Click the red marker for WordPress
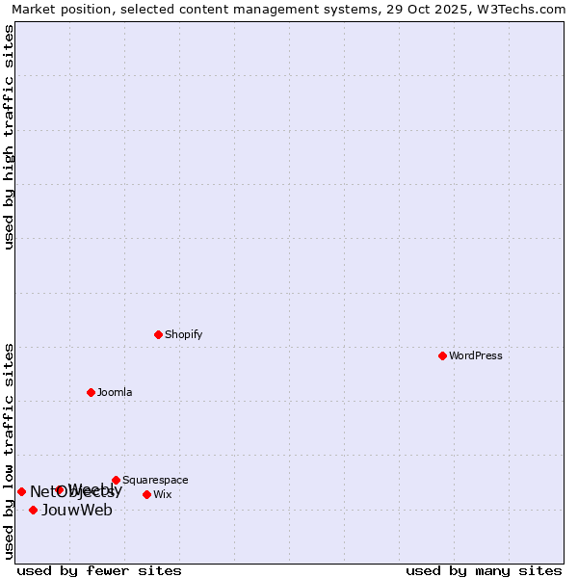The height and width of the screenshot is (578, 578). tap(442, 355)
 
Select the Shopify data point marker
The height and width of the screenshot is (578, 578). tap(158, 334)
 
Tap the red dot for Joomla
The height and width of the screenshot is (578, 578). tap(91, 392)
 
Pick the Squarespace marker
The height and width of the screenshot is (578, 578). tap(116, 480)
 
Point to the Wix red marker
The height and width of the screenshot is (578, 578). tap(146, 494)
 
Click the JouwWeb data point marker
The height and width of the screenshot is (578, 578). tap(33, 510)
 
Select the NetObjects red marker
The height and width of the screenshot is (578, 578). tap(21, 491)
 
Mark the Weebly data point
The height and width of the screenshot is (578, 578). tap(60, 489)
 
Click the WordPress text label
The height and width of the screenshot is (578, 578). tap(476, 355)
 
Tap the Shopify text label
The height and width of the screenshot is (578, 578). tap(183, 334)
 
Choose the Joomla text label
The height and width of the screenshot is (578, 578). tap(115, 392)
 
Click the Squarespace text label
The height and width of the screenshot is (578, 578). tap(155, 480)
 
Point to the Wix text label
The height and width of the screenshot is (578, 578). tap(162, 494)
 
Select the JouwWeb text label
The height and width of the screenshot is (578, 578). tap(77, 510)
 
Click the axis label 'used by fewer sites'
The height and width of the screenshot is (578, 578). tap(99, 570)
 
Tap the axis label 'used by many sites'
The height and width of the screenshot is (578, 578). tap(484, 570)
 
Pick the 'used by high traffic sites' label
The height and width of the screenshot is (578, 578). tap(9, 137)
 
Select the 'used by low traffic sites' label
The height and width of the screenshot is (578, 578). tap(9, 450)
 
